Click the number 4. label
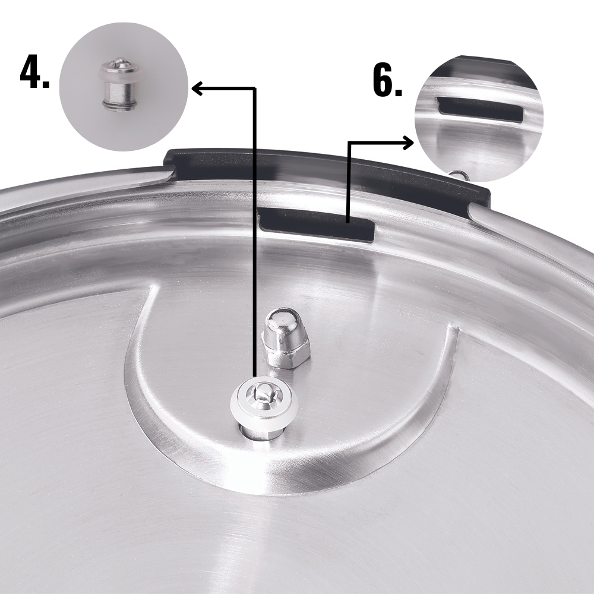(x=34, y=72)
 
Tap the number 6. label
(x=387, y=81)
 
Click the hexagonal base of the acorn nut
(x=287, y=356)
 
